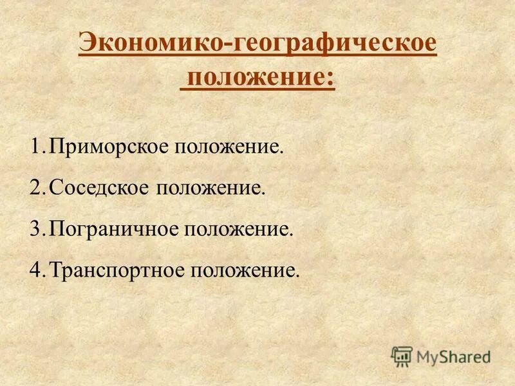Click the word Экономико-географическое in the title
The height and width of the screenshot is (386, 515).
coord(257,46)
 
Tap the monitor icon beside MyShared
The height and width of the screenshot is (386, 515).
coord(402,355)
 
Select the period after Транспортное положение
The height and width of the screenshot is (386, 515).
coord(297,273)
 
